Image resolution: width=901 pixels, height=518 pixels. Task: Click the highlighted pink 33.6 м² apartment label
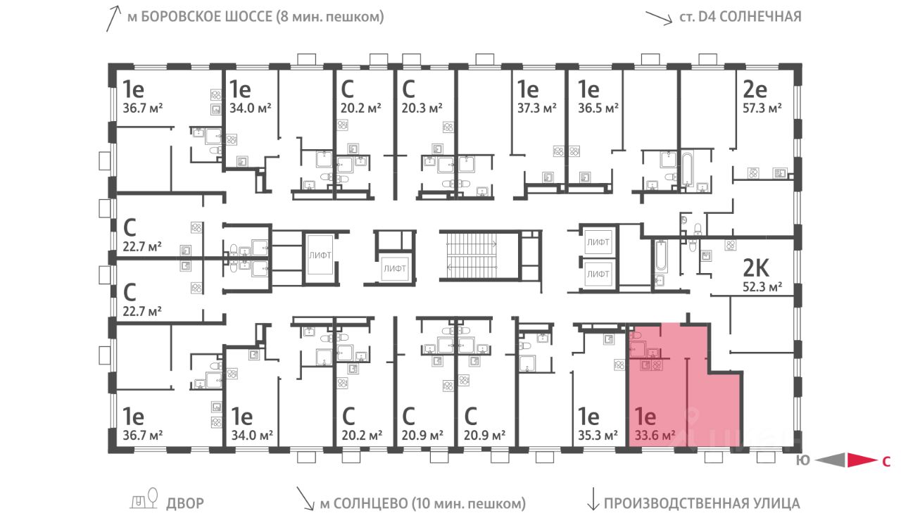(x=655, y=435)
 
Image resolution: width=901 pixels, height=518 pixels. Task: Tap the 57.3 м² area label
(x=762, y=108)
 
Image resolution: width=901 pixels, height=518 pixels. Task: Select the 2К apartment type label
(x=756, y=268)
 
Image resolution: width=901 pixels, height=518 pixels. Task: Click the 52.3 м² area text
(x=762, y=286)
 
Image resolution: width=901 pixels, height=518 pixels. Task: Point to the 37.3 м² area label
(x=537, y=108)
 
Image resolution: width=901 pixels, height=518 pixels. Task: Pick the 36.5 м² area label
(x=598, y=108)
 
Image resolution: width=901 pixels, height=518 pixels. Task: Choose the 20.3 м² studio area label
(x=422, y=108)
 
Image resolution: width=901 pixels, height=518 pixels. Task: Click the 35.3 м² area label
(x=598, y=435)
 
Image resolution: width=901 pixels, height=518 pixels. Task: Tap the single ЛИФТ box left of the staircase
(x=395, y=268)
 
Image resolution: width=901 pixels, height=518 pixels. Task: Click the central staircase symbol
(x=472, y=255)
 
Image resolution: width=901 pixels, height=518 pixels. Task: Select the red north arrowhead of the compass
(x=862, y=460)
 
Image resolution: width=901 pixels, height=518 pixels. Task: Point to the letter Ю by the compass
(x=802, y=460)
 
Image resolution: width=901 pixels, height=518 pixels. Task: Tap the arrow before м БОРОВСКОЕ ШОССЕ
(x=113, y=19)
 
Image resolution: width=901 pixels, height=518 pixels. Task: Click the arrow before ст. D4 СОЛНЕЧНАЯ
(x=659, y=18)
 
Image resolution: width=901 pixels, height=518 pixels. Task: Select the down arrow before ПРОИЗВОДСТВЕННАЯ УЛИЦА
(x=593, y=499)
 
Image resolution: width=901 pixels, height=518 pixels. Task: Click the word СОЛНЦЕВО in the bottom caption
(x=370, y=503)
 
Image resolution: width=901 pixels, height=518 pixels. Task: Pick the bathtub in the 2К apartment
(x=661, y=255)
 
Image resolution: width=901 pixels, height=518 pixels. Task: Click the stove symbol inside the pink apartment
(x=657, y=365)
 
